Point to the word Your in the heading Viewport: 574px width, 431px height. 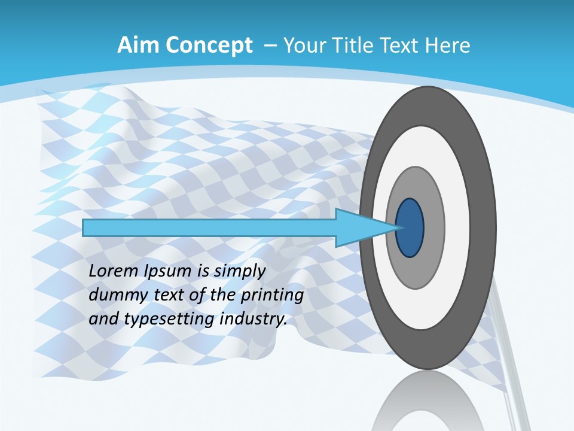point(304,45)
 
